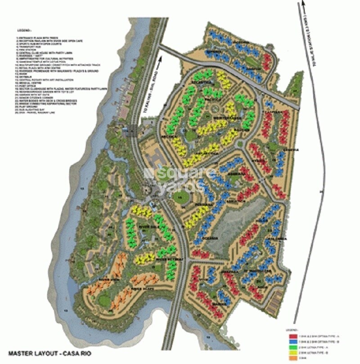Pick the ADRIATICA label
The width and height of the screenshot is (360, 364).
click(x=236, y=201)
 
